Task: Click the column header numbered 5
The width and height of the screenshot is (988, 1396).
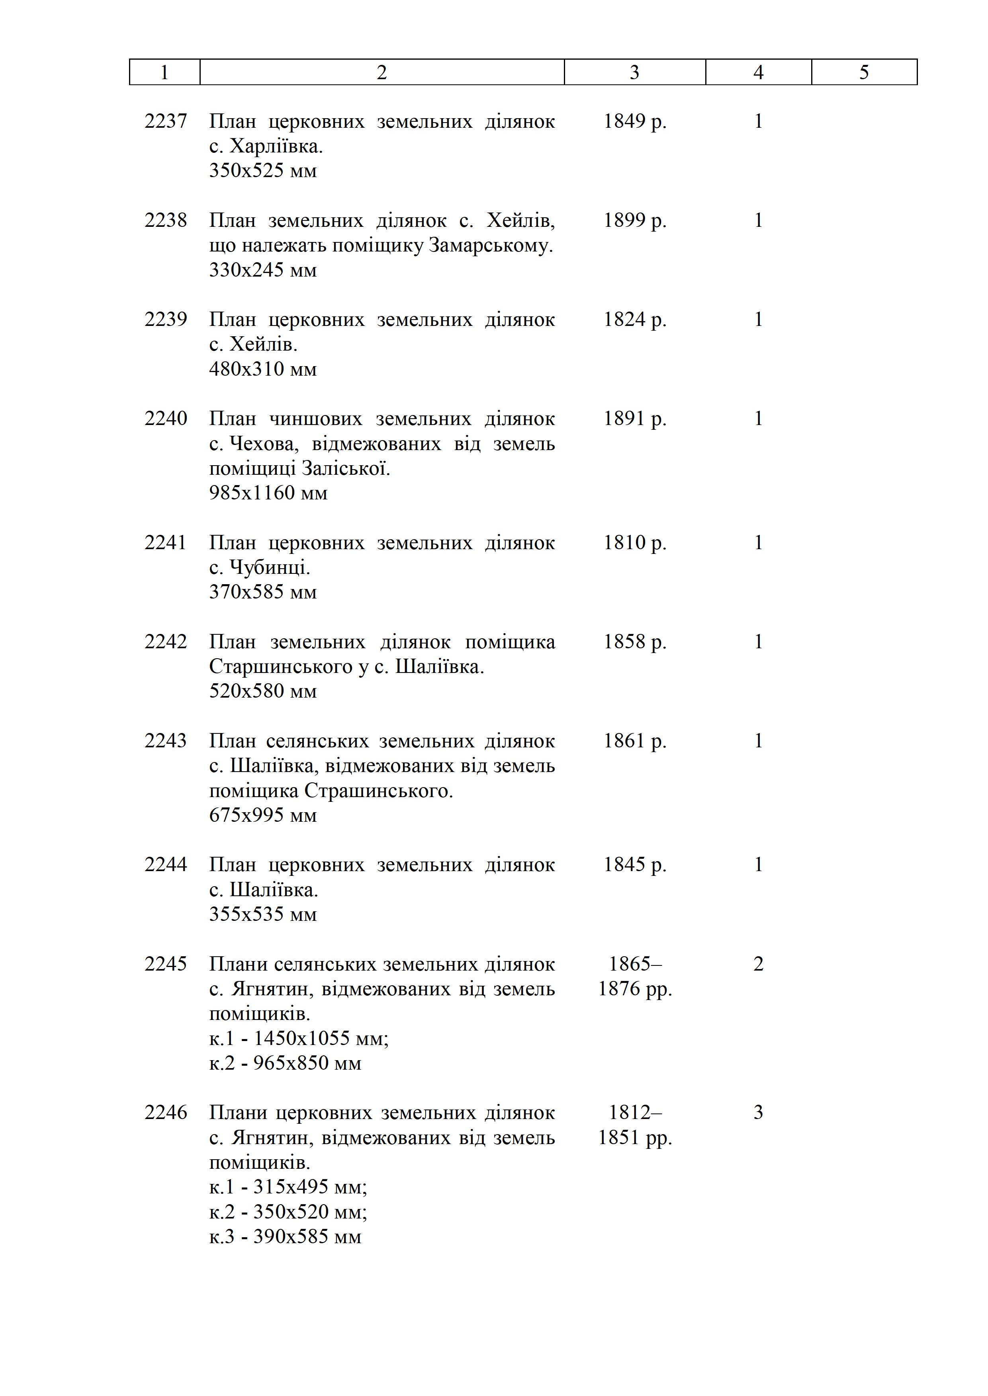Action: tap(864, 72)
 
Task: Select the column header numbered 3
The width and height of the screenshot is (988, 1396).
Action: tap(634, 72)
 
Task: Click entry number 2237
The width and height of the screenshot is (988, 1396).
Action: tap(166, 121)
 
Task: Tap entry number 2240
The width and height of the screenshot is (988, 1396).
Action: tap(166, 418)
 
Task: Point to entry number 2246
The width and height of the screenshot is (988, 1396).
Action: tap(166, 1112)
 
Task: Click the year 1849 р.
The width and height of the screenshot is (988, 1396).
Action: tap(634, 121)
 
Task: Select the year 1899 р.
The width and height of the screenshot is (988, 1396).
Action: tap(634, 220)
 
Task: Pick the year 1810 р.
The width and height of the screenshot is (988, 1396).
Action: tap(634, 542)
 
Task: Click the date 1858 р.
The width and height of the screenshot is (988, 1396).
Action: tap(634, 641)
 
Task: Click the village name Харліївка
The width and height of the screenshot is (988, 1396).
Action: tap(276, 146)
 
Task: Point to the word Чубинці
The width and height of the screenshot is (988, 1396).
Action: tap(270, 568)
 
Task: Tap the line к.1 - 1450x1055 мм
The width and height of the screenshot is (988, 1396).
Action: tap(299, 1038)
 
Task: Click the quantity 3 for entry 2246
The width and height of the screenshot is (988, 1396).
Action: tap(758, 1112)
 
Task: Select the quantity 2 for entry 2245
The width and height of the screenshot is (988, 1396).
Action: tap(758, 964)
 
